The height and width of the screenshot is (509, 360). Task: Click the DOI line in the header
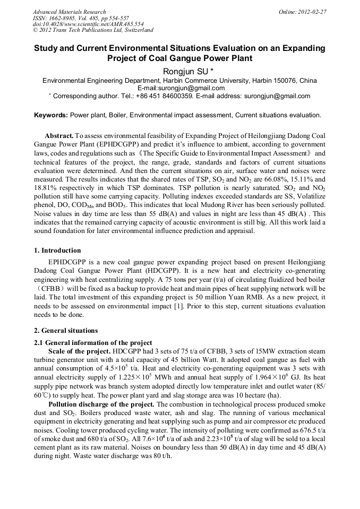[x=88, y=24]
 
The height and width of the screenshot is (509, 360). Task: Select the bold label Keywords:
[x=51, y=115]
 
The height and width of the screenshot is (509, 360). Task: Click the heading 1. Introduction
[x=58, y=251]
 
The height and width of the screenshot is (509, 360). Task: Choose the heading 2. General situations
[x=66, y=330]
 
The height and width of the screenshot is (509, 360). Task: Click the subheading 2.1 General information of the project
[x=93, y=342]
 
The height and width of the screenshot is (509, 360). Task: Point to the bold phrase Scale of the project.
[x=80, y=351]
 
